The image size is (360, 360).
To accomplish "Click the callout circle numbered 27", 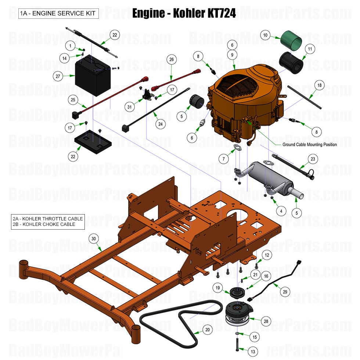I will [x=57, y=76].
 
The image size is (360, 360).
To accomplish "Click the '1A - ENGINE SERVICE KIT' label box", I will [x=58, y=14].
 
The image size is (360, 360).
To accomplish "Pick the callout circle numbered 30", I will [x=94, y=238].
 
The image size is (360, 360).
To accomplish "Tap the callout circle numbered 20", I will [x=208, y=330].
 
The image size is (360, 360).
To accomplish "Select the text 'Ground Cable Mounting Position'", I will [x=309, y=144].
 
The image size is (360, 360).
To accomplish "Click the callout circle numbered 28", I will [x=266, y=321].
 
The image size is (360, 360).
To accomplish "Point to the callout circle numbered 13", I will [x=253, y=352].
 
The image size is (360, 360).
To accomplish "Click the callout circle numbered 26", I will [x=171, y=59].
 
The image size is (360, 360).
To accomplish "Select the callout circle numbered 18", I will [x=319, y=85].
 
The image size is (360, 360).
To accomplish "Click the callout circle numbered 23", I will [x=313, y=159].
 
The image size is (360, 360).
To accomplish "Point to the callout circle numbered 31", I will [x=129, y=107].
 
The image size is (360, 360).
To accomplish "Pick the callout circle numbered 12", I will [x=267, y=255].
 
